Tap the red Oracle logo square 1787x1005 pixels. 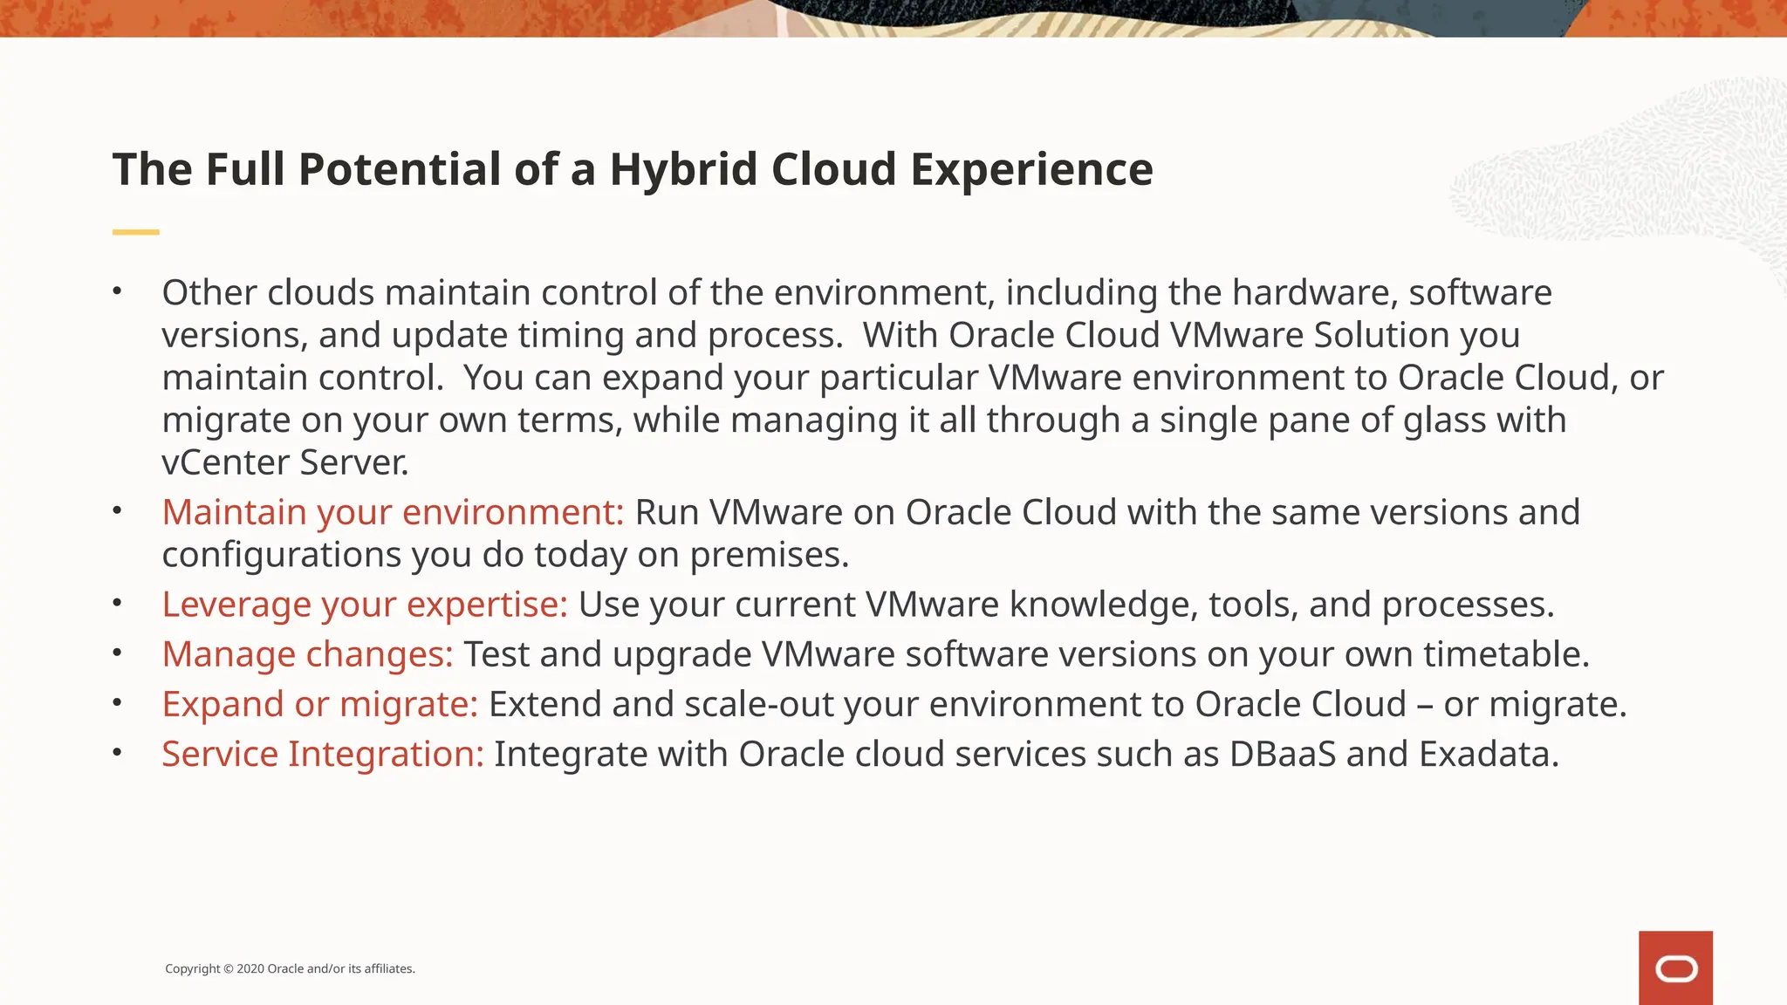1675,967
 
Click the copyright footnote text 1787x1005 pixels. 290,968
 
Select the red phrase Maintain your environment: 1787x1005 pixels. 393,512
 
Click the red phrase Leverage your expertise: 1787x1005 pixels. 365,605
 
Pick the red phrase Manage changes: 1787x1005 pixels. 307,654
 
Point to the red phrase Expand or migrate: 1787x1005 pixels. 319,704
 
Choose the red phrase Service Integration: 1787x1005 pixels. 322,754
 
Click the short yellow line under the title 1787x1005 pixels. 135,232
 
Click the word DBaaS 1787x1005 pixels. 1282,754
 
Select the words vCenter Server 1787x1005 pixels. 284,462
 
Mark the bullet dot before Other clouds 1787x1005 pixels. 117,291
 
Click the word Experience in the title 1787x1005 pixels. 1031,169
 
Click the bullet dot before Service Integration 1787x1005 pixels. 117,753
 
